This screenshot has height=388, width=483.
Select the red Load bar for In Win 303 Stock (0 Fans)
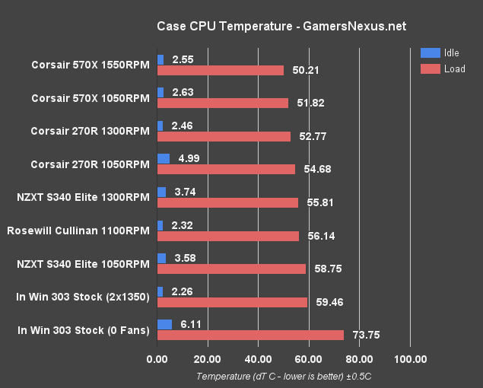[250, 336]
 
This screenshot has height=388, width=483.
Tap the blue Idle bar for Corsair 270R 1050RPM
[163, 158]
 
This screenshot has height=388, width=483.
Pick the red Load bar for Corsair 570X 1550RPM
[220, 70]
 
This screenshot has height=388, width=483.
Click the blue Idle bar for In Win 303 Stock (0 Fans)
[164, 323]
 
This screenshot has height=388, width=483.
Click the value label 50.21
[304, 71]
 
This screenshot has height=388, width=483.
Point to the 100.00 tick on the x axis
[410, 359]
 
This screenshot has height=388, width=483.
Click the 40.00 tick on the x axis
[258, 359]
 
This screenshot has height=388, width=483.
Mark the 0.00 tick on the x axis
[157, 359]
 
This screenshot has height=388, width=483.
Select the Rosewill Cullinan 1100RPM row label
[78, 231]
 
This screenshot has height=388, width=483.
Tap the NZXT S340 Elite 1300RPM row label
[83, 197]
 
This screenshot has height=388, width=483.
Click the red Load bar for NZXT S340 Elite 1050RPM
[231, 269]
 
